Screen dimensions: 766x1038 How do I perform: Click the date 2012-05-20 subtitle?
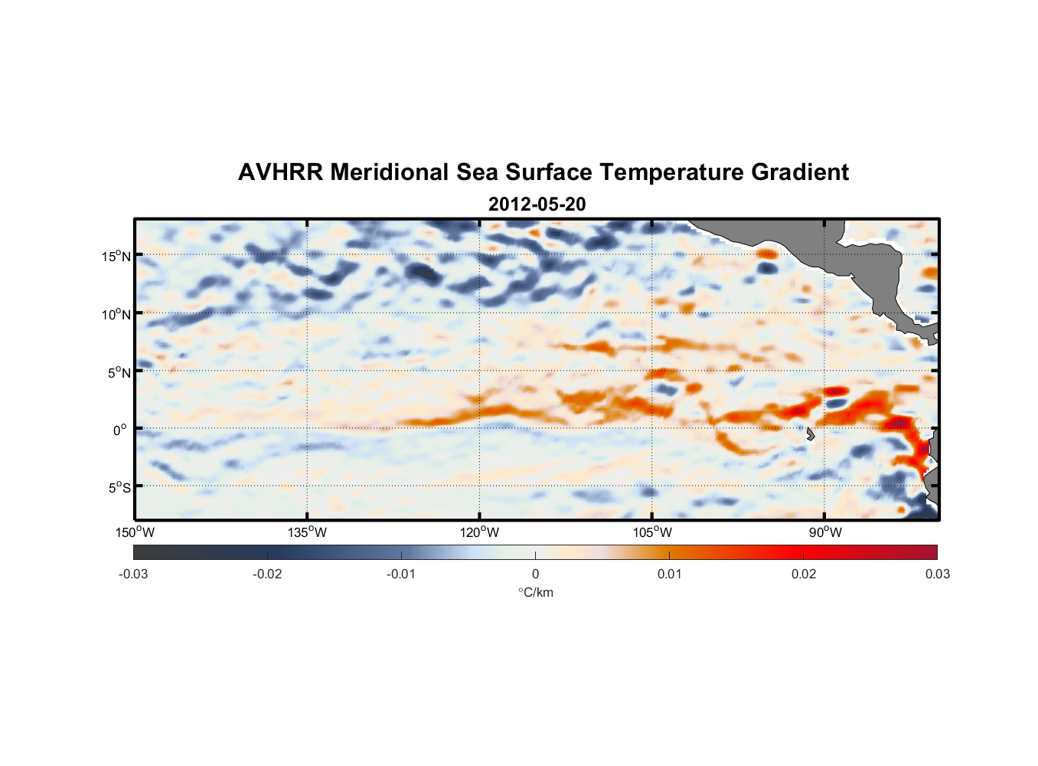point(537,205)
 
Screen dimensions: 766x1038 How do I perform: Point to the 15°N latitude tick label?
point(116,256)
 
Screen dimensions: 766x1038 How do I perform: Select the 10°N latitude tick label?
point(116,314)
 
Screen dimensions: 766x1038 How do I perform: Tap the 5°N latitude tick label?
point(119,372)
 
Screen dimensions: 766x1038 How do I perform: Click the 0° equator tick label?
point(120,430)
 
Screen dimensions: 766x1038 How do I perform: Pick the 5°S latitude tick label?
point(119,487)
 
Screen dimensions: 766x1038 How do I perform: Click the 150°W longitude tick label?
point(135,532)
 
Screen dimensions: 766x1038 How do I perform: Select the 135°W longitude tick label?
point(307,532)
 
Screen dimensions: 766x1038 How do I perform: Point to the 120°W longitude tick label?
point(479,532)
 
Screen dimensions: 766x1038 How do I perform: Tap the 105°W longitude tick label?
point(652,532)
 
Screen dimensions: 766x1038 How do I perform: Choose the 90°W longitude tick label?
point(824,532)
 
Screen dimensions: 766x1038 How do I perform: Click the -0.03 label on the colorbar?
point(133,574)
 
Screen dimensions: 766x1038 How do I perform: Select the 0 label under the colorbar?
point(535,574)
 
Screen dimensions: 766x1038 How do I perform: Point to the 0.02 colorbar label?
point(803,574)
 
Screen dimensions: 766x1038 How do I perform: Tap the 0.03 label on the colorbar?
point(937,574)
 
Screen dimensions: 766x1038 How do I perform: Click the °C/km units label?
point(535,593)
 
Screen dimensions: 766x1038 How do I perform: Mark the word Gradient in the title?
point(800,172)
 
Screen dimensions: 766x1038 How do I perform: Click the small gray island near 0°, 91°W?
point(810,434)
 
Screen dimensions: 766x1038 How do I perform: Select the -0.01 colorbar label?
point(401,574)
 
